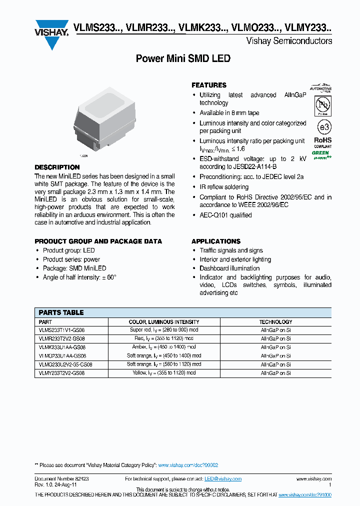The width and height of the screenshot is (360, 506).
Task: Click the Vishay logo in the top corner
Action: pyautogui.click(x=51, y=34)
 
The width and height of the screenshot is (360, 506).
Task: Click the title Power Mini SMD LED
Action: pyautogui.click(x=183, y=58)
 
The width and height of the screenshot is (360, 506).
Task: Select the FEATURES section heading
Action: pyautogui.click(x=209, y=85)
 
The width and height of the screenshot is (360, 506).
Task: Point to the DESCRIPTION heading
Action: pyautogui.click(x=57, y=167)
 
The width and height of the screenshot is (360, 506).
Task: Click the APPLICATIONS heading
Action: pyautogui.click(x=216, y=241)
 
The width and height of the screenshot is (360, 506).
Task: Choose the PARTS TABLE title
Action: pyautogui.click(x=61, y=312)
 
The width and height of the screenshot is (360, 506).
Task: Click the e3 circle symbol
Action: pyautogui.click(x=322, y=125)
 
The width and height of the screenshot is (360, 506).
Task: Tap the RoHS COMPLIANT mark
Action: pyautogui.click(x=322, y=142)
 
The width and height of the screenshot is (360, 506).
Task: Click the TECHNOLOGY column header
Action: pyautogui.click(x=275, y=322)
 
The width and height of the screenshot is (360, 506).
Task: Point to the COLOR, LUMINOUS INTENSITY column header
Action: pyautogui.click(x=164, y=322)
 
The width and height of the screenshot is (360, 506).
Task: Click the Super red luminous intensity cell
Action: pyautogui.click(x=164, y=330)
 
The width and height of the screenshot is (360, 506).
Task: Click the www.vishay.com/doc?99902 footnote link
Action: pyautogui.click(x=188, y=465)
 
